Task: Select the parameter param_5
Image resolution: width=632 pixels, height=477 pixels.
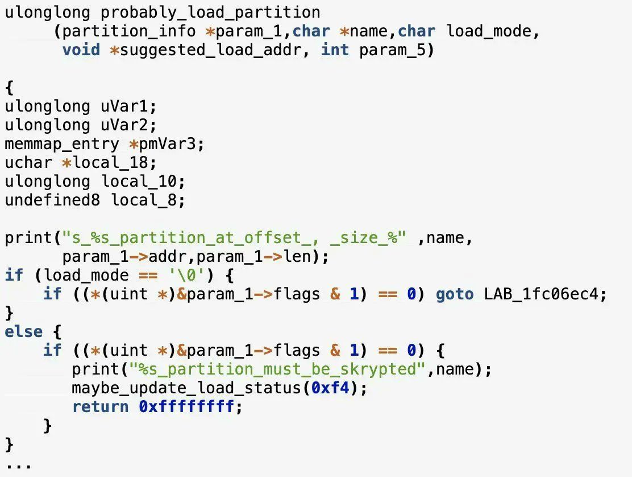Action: click(x=392, y=50)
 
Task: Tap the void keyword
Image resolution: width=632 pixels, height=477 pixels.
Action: click(x=81, y=50)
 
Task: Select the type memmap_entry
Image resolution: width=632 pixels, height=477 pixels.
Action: click(x=63, y=143)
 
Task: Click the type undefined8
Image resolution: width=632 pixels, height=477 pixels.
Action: click(x=53, y=200)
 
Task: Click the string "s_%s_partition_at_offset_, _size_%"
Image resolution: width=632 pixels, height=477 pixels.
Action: click(x=234, y=237)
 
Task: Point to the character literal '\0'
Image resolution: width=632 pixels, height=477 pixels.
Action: click(x=187, y=275)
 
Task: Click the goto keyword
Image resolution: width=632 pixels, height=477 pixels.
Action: click(x=455, y=294)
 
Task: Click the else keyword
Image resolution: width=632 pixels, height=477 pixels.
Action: click(x=24, y=331)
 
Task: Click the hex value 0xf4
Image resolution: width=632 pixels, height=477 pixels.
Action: click(x=330, y=388)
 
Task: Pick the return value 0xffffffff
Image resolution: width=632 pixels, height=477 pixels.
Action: click(x=186, y=406)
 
